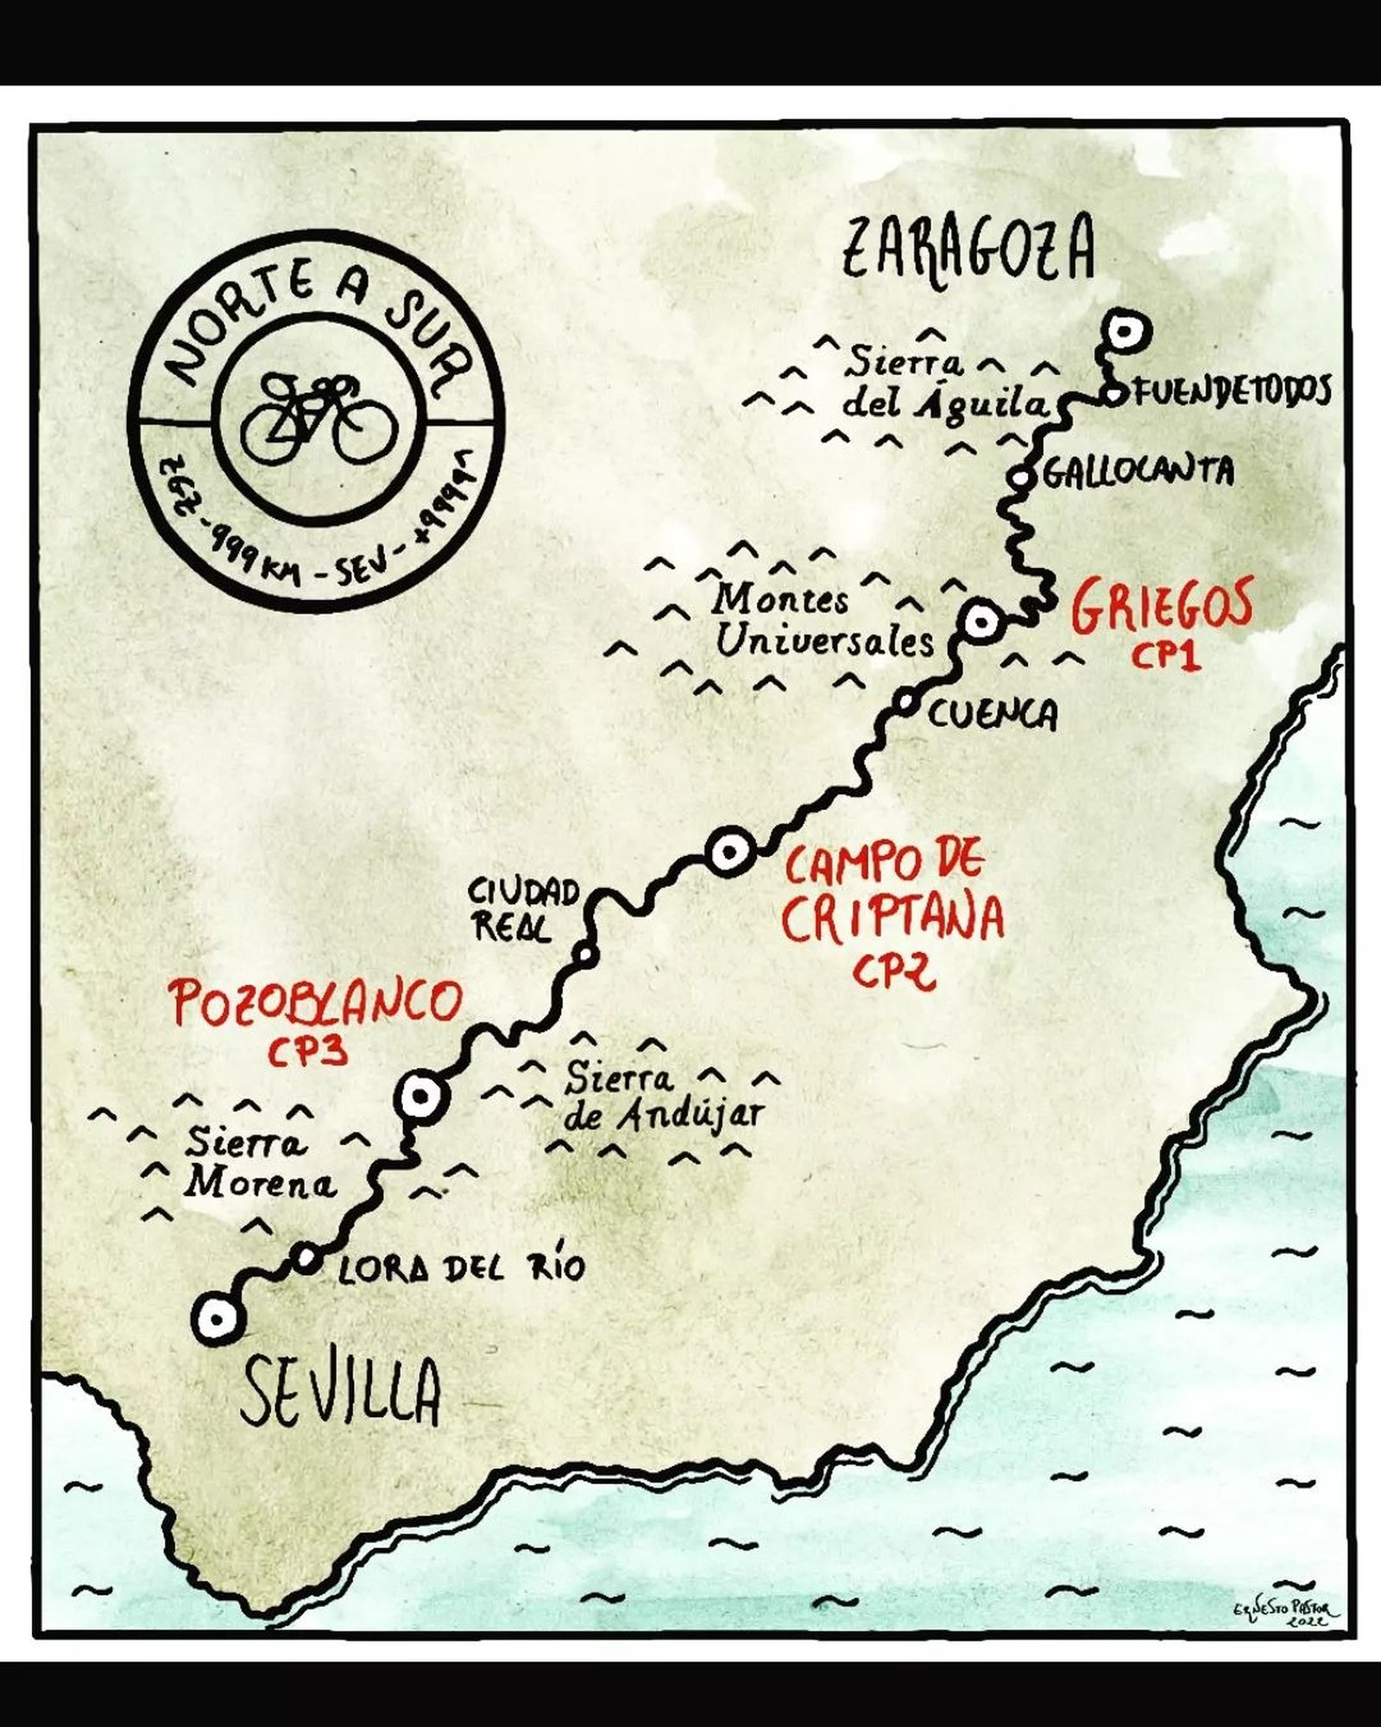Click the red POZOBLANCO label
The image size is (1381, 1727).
[317, 1002]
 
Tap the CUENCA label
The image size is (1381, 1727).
[992, 715]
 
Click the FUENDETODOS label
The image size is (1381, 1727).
[1230, 392]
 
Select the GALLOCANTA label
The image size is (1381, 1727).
[1138, 472]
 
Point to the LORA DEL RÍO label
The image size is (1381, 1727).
[461, 1268]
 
